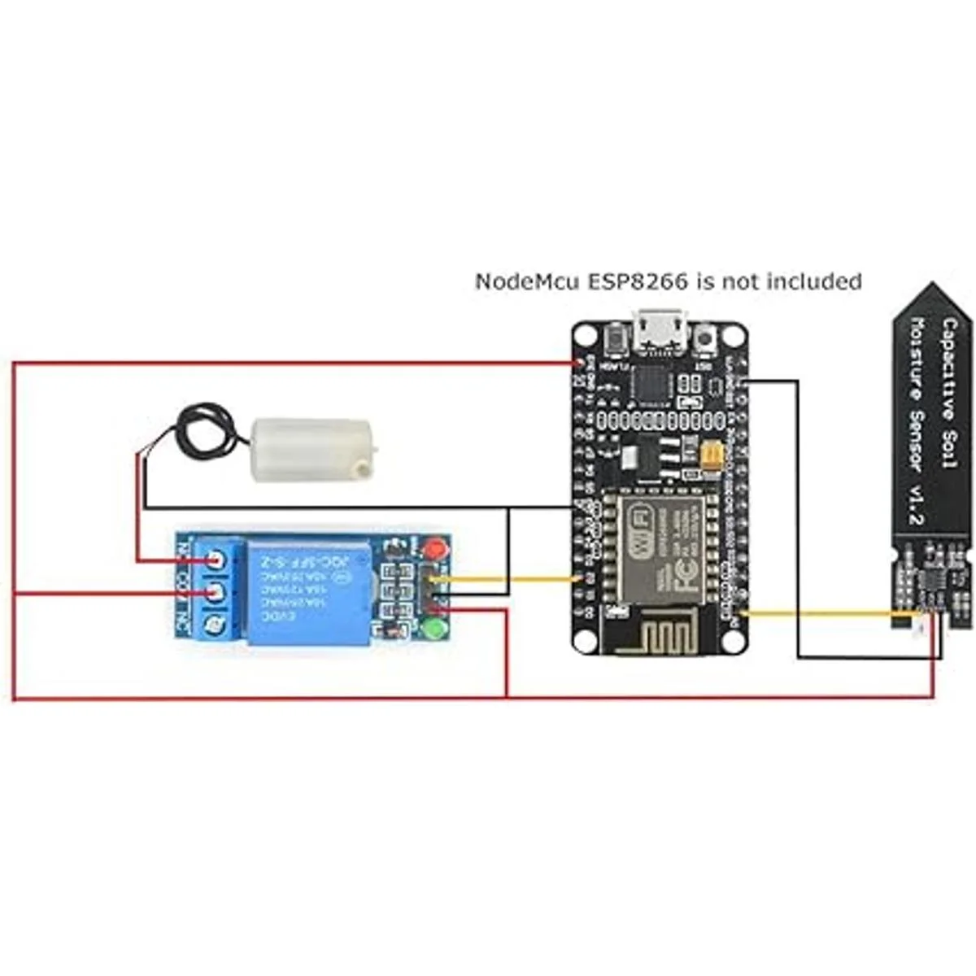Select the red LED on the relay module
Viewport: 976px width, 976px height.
click(442, 549)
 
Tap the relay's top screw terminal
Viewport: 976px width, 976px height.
click(215, 560)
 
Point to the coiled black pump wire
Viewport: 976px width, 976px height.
click(201, 430)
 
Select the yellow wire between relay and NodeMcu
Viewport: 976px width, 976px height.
click(504, 579)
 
